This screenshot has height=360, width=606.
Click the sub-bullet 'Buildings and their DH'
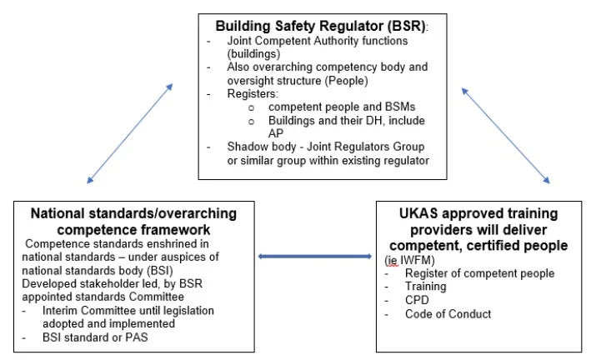click(x=336, y=121)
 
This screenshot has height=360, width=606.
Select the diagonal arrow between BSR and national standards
click(x=130, y=132)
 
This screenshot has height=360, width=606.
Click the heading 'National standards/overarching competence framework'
click(x=133, y=221)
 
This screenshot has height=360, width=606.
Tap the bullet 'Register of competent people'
click(x=479, y=273)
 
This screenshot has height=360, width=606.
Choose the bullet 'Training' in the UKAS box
click(x=425, y=287)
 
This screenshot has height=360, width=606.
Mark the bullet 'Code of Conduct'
click(x=448, y=313)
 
